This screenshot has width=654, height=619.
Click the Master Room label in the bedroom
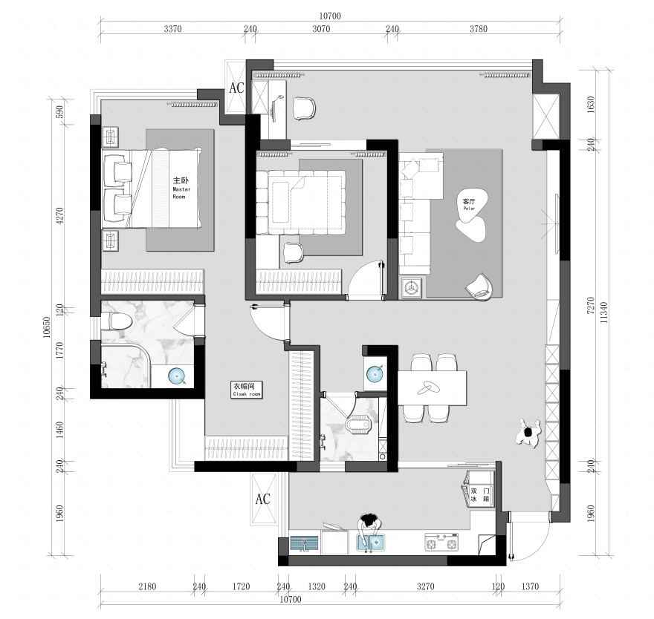tap(181, 188)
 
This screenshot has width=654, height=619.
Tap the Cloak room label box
tap(247, 390)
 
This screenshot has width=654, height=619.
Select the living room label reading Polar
tap(469, 209)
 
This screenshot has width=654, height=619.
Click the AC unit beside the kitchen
tap(264, 499)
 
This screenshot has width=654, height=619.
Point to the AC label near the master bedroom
tap(237, 88)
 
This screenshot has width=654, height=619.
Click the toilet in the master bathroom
tap(117, 321)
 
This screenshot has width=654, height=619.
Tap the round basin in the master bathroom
tap(177, 376)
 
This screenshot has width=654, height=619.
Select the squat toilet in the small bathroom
tap(358, 424)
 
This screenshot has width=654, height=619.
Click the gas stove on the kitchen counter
tap(441, 543)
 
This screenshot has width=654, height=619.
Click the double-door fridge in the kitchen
tap(479, 488)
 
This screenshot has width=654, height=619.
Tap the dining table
tap(432, 388)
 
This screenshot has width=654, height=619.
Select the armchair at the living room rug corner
tap(479, 286)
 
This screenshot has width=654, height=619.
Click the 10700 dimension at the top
tap(330, 16)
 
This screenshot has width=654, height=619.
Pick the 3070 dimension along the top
tap(321, 29)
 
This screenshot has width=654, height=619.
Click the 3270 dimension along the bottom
tap(425, 586)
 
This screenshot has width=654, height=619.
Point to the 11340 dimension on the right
tap(603, 312)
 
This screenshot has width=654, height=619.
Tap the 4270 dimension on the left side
tap(59, 216)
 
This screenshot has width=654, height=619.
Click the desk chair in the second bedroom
tap(294, 252)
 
